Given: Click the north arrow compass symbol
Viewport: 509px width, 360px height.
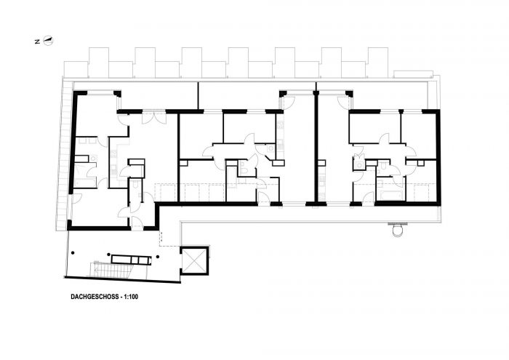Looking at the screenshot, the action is (x=49, y=41).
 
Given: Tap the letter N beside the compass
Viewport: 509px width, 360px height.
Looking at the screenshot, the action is (x=37, y=41).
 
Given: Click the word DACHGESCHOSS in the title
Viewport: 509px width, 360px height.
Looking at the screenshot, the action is (x=94, y=297).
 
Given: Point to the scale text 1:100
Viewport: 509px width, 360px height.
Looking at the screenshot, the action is (x=131, y=297).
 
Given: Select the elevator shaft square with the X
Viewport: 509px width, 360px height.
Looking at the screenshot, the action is (x=194, y=260).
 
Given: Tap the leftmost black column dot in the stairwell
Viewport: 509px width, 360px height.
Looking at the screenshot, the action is (x=73, y=252).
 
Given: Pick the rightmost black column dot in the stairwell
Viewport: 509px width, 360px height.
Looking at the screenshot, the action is (x=158, y=257).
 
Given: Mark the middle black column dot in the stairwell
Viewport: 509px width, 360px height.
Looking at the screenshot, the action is (x=109, y=254).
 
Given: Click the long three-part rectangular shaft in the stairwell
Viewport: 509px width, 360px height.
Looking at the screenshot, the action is (x=131, y=260).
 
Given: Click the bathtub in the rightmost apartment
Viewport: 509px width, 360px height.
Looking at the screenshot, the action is (x=390, y=196).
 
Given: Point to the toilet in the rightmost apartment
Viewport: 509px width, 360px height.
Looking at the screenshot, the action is (x=382, y=167).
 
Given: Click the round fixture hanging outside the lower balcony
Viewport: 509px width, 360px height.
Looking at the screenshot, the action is (x=397, y=229).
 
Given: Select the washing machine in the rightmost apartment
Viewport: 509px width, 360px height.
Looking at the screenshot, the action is (x=359, y=166).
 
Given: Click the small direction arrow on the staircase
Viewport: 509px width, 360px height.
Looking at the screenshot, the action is (x=97, y=269).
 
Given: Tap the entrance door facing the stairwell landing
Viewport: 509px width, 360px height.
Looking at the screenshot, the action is (x=137, y=223).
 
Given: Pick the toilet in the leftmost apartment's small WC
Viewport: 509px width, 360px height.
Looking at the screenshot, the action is (x=136, y=185).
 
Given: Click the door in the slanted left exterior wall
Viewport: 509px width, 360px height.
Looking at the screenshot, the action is (x=76, y=199).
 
